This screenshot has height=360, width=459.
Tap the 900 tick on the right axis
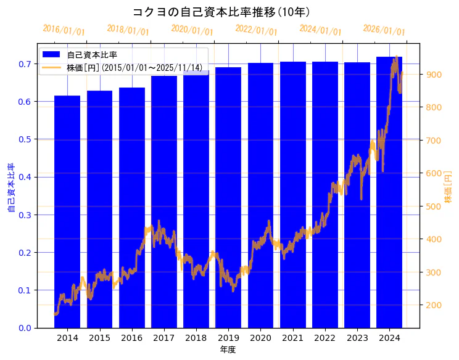[434, 75]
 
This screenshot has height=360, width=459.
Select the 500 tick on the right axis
[434, 207]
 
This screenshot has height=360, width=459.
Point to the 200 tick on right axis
[434, 305]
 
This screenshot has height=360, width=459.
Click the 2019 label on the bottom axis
[228, 338]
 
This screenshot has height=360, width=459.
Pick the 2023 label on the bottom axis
[357, 338]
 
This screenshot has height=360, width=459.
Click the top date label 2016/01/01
[64, 30]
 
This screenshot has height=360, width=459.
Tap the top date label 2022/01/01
[256, 30]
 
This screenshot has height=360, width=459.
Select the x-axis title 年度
[228, 350]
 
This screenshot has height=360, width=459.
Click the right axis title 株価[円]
[449, 188]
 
